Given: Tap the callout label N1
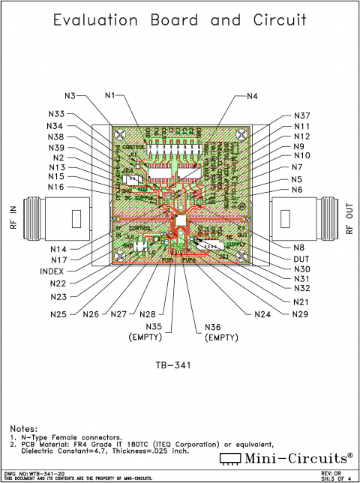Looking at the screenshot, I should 110,95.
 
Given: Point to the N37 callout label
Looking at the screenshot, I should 301,115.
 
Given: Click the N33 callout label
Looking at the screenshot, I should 57,114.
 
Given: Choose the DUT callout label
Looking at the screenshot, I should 301,258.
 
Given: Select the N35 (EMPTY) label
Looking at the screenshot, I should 153,331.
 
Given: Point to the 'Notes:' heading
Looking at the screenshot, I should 28,427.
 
